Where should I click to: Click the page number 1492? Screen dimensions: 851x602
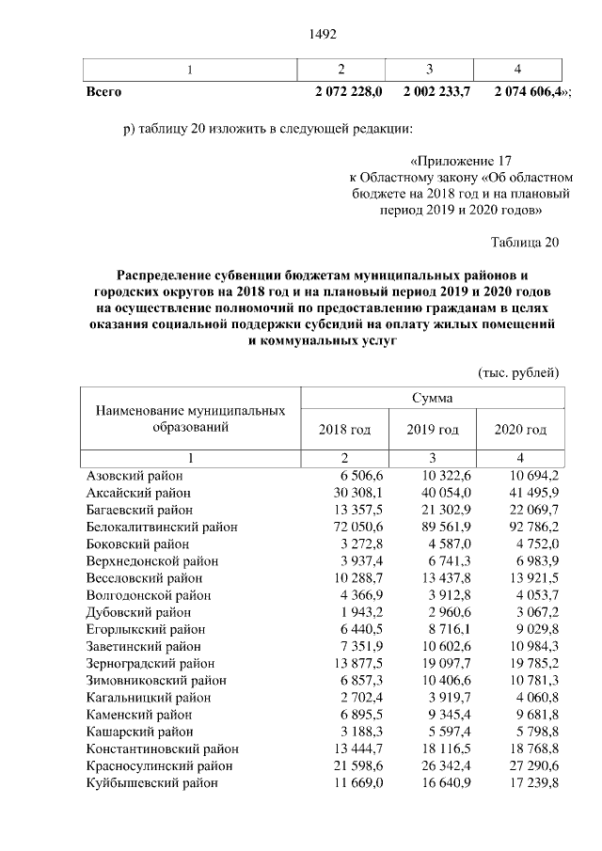point(323,35)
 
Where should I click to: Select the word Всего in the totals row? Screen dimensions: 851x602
point(103,92)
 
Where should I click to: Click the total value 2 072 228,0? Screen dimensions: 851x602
point(348,92)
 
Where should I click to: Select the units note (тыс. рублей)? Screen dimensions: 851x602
point(519,372)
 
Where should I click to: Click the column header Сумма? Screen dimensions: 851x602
point(432,398)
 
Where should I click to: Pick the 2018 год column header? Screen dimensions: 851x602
point(344,430)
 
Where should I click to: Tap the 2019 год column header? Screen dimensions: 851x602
point(432,430)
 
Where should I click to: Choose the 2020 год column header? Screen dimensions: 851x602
point(520,430)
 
